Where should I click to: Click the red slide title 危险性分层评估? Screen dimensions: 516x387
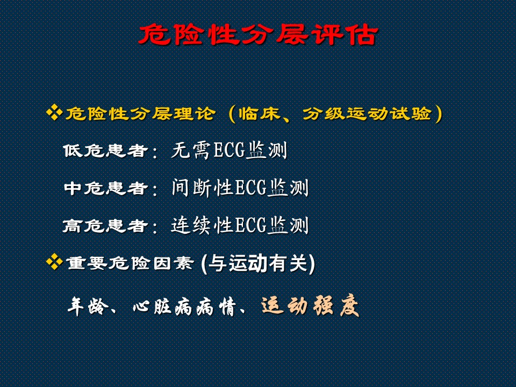258,34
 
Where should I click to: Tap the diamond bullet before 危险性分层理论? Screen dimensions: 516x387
54,112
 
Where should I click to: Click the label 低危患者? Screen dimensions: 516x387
105,150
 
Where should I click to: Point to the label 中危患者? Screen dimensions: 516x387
105,188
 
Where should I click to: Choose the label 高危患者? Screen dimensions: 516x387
105,226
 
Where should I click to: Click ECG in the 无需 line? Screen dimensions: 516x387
230,150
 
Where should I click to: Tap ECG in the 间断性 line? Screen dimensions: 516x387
250,188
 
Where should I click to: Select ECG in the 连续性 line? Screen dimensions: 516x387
250,225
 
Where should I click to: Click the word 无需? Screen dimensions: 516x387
191,150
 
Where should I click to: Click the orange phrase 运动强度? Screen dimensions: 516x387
310,306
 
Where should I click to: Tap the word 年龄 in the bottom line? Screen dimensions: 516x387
88,306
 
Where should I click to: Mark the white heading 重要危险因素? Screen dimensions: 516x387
130,263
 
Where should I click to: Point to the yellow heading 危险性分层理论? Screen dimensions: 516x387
141,113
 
